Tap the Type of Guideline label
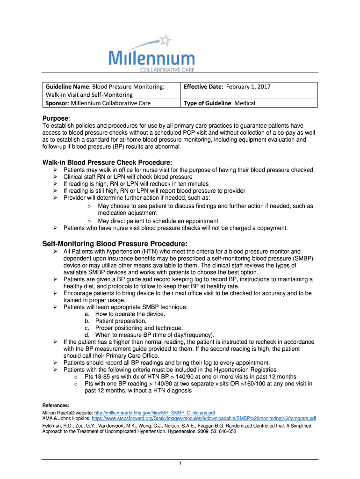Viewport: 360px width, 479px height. pyautogui.click(x=208, y=103)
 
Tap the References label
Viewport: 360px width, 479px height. pyautogui.click(x=56, y=405)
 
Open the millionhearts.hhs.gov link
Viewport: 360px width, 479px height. pyautogui.click(x=154, y=413)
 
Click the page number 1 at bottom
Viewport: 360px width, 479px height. pyautogui.click(x=180, y=463)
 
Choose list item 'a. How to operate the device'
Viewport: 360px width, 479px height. pyautogui.click(x=130, y=314)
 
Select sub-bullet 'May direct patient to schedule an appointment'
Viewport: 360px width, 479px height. pyautogui.click(x=158, y=221)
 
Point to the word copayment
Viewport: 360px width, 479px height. pyautogui.click(x=271, y=228)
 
